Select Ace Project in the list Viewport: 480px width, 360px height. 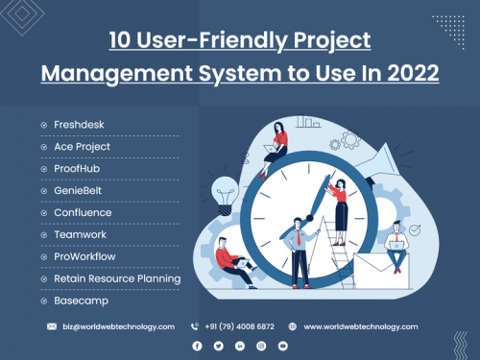coord(82,147)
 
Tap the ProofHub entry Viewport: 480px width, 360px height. coord(77,169)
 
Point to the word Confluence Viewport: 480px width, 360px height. coord(84,212)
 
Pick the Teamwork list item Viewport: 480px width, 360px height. coord(80,234)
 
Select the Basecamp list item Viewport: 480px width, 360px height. coord(81,300)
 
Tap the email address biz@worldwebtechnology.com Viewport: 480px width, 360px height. coord(119,326)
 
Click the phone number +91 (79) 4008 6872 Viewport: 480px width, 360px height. coord(237,326)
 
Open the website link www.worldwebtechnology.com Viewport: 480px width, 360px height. coord(360,326)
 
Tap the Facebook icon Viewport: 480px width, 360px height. coord(197,345)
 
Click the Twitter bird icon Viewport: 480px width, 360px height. coord(218,345)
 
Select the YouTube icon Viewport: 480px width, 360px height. coord(282,345)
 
